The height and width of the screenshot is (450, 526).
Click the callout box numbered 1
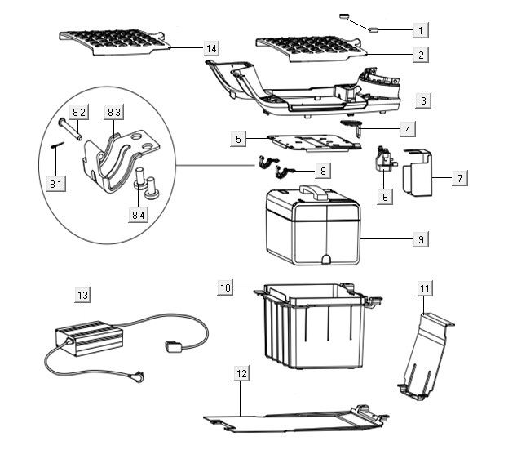click(x=421, y=30)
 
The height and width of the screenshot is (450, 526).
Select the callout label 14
click(x=211, y=49)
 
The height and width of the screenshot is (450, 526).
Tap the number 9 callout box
click(x=420, y=239)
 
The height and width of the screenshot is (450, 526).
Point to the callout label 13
click(x=82, y=295)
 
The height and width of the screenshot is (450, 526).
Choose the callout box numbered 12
click(x=241, y=373)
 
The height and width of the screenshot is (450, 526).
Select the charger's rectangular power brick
click(x=88, y=336)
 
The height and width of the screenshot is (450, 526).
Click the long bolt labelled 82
click(x=66, y=125)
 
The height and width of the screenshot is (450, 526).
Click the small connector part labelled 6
click(x=382, y=159)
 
